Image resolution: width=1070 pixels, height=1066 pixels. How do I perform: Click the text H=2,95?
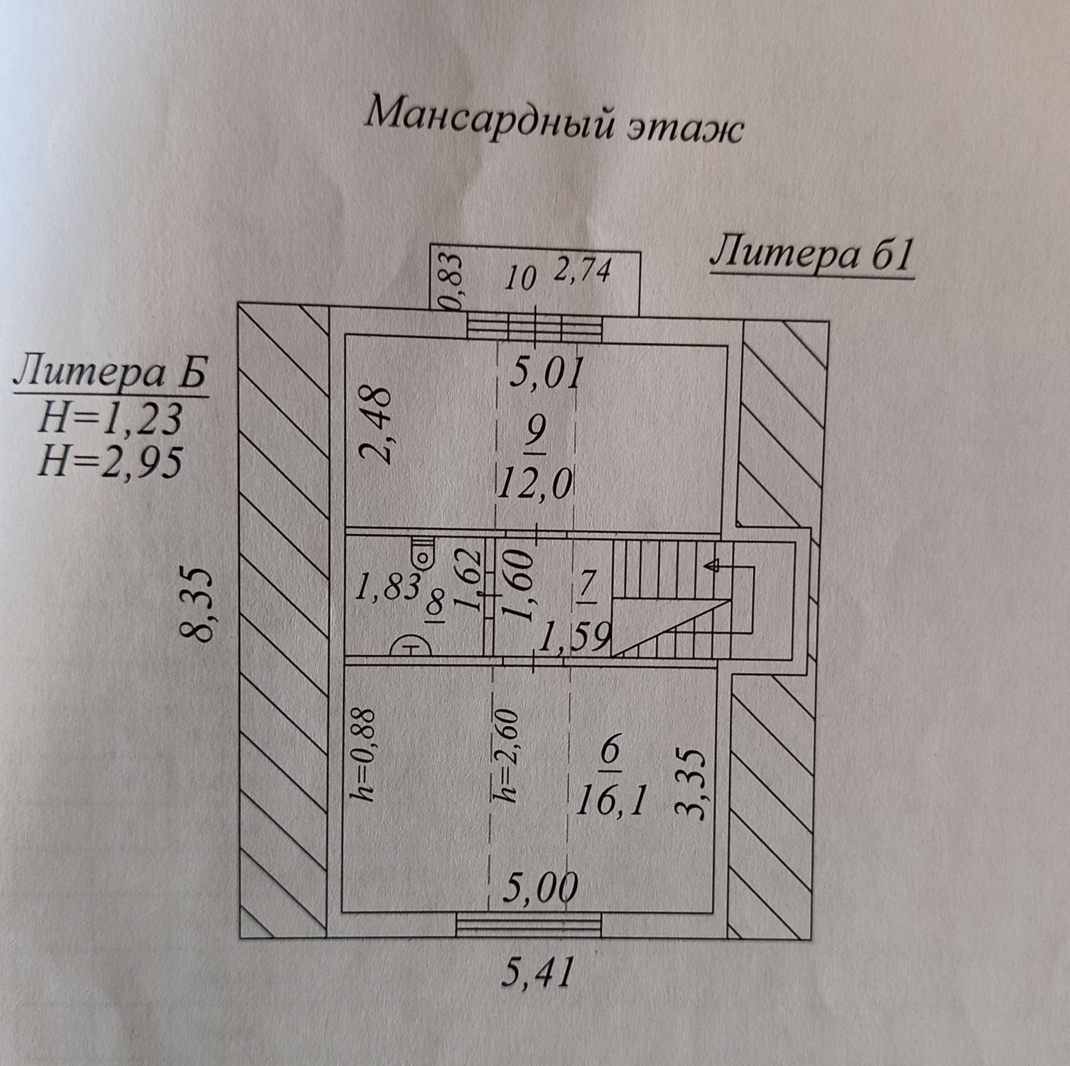110,462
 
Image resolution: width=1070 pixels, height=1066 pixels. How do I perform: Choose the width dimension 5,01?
547,372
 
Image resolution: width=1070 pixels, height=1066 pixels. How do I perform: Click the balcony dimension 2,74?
583,271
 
